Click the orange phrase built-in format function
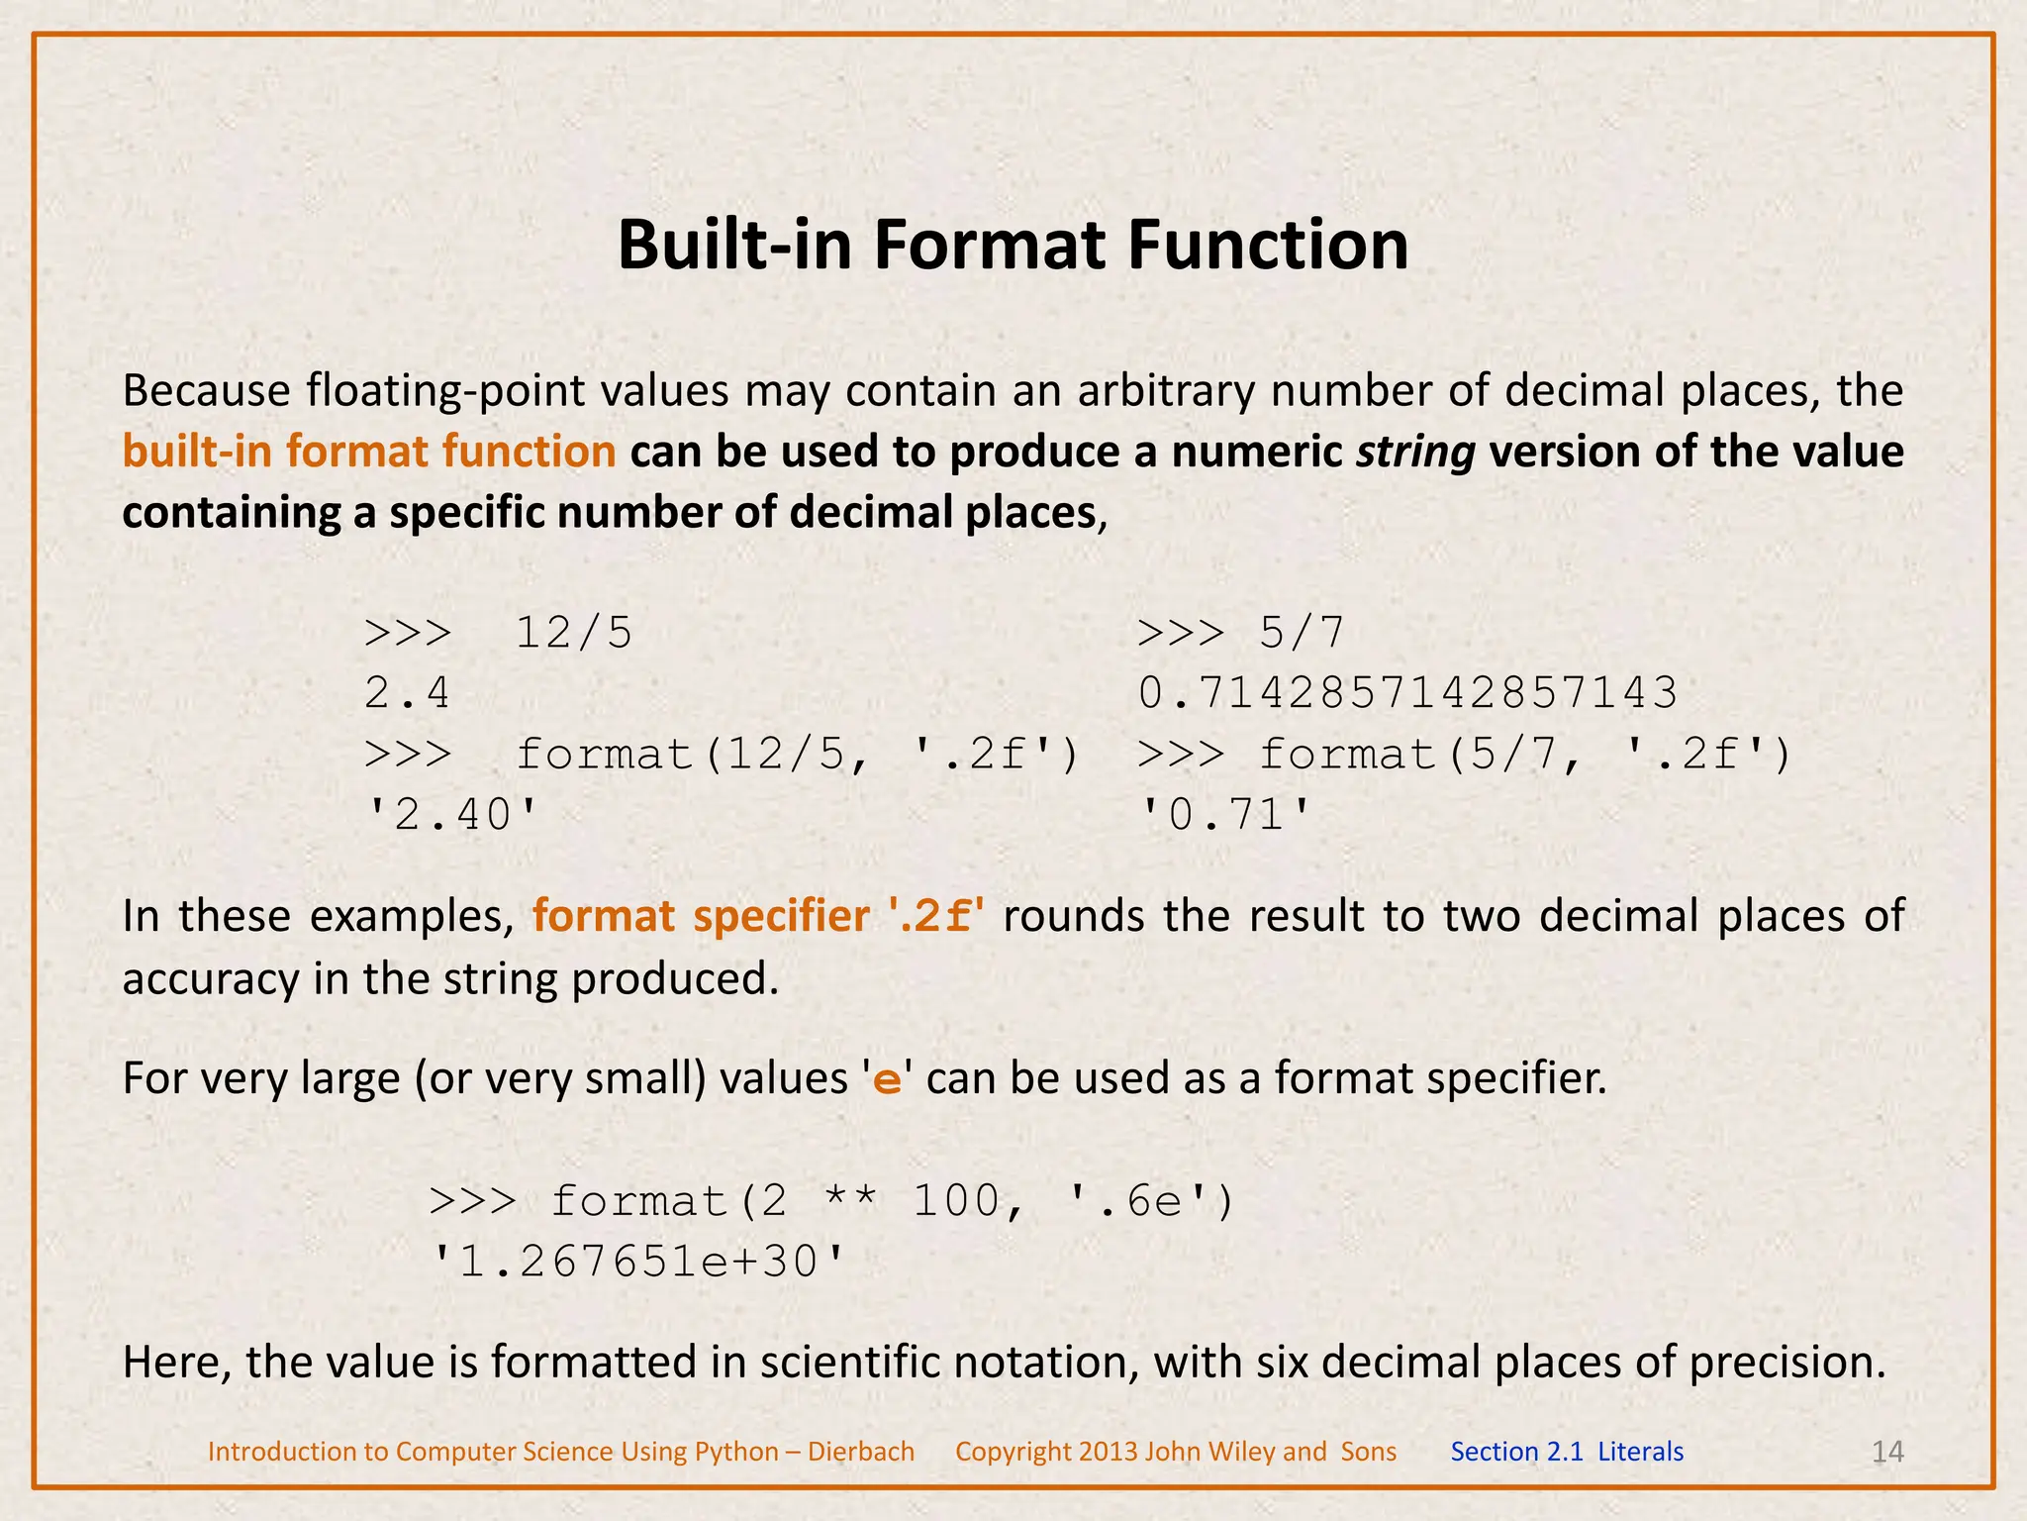coord(369,452)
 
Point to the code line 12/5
coord(573,633)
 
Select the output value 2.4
coord(407,693)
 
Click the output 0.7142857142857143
coord(1407,693)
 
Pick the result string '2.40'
coord(452,816)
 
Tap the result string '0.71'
coord(1225,816)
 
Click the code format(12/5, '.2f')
coord(797,755)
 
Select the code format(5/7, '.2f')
coord(1524,755)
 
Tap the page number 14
coord(1887,1452)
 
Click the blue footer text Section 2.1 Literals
coord(1566,1452)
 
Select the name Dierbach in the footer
coord(861,1452)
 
